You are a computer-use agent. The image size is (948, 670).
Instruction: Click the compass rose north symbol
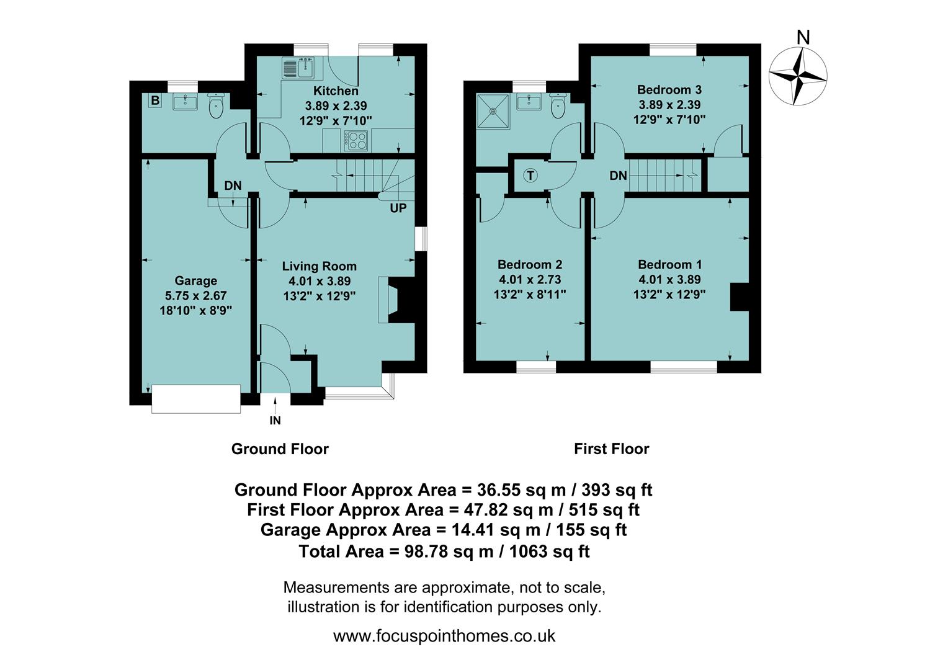(x=798, y=75)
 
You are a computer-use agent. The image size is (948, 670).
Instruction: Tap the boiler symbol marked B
(x=154, y=100)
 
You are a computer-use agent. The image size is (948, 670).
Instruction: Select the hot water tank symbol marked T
(x=530, y=176)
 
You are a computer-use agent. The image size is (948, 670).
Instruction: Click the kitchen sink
(x=299, y=68)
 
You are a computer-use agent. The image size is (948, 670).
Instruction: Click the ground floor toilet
(x=215, y=107)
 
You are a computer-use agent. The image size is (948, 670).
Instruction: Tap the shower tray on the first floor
(x=493, y=112)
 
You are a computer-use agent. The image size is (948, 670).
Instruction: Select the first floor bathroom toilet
(x=558, y=106)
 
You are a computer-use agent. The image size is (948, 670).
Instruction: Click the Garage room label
(x=195, y=281)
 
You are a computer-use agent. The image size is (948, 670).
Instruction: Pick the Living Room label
(x=319, y=266)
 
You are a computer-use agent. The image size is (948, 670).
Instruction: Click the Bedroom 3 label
(x=669, y=90)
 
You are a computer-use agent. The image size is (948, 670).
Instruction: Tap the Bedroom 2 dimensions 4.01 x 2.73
(x=529, y=280)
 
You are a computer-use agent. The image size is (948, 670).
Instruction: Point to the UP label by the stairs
(x=398, y=208)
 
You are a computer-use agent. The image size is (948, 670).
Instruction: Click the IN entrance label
(x=275, y=421)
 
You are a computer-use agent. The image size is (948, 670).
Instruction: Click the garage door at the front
(x=196, y=398)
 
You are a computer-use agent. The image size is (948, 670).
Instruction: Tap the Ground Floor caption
(x=280, y=449)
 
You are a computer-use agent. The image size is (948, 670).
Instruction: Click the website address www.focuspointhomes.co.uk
(x=444, y=636)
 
